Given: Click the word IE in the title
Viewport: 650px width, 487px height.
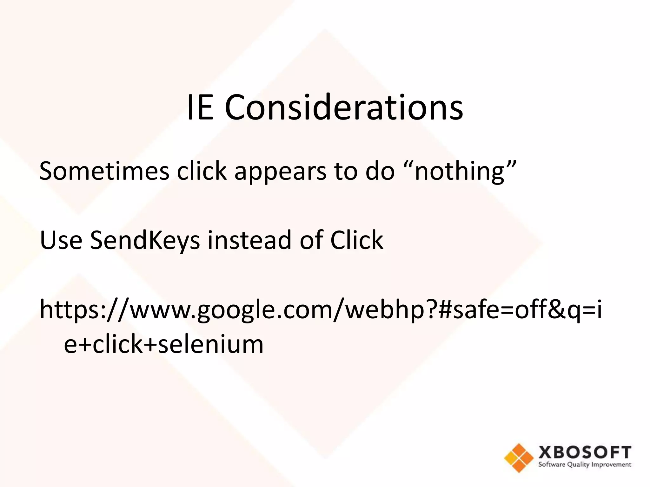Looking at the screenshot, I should (x=200, y=108).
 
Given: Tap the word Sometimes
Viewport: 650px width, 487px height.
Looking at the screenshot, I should (x=104, y=171).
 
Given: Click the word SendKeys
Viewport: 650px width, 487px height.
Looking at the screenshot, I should (x=145, y=240).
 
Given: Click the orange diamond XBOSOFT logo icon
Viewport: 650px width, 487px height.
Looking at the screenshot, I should (x=519, y=458).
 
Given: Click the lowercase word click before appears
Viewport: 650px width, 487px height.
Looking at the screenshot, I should (x=202, y=171).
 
